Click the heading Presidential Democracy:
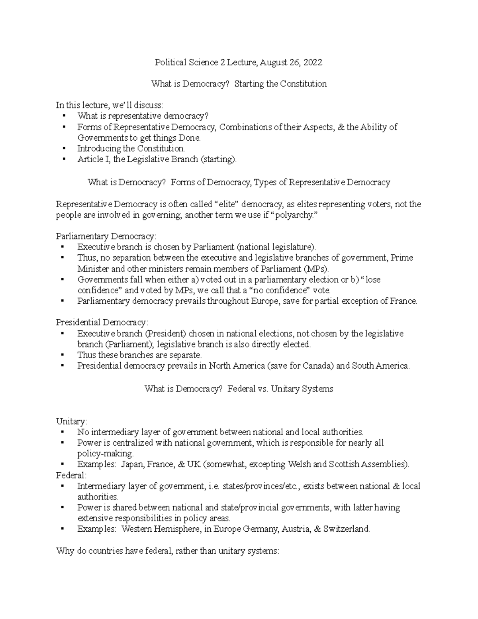[102, 322]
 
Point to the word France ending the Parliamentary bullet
[403, 301]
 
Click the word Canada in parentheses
[317, 366]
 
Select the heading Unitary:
[71, 421]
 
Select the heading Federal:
[71, 475]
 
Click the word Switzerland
[347, 529]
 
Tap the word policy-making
[105, 454]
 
